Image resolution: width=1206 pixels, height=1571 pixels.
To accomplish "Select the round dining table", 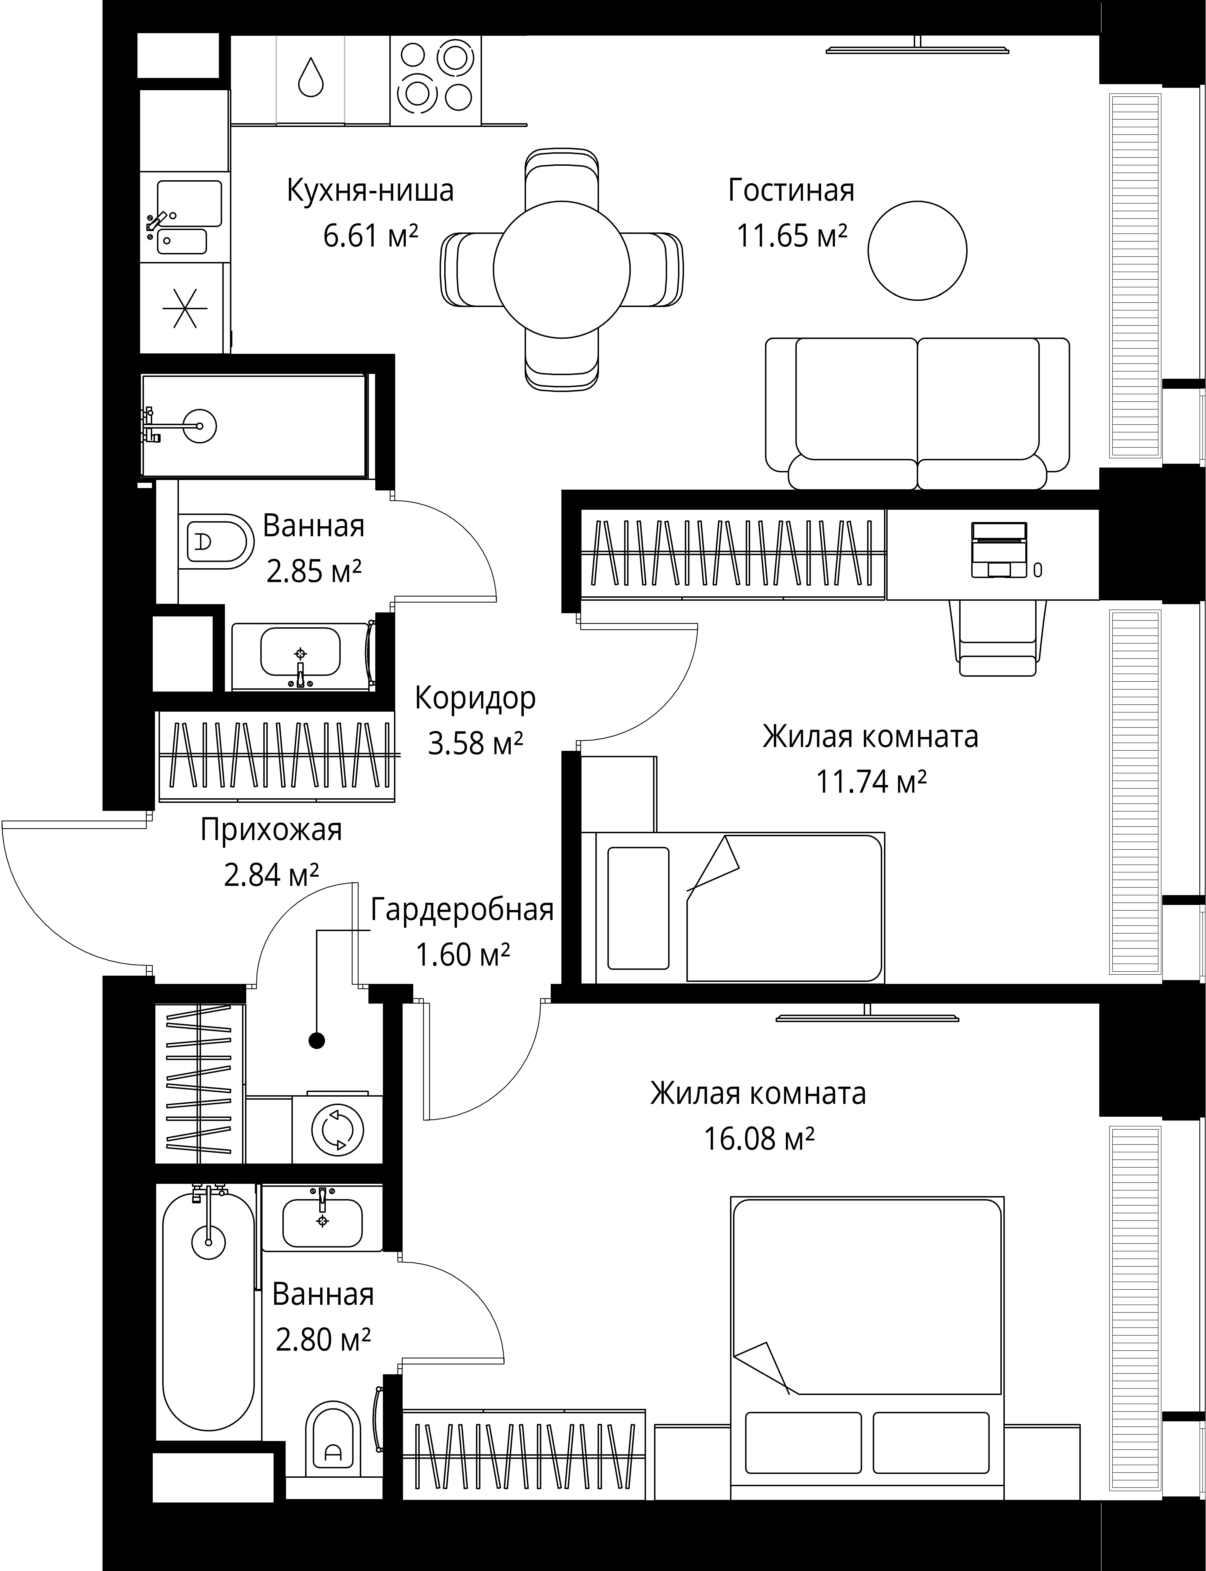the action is (561, 270).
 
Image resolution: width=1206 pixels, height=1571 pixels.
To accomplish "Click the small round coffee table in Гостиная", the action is (917, 250).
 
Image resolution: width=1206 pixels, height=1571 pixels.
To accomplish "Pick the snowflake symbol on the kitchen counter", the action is (185, 308).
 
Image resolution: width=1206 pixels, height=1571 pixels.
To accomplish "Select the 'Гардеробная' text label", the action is (462, 909).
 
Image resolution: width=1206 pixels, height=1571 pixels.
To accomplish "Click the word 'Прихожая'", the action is (271, 830).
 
